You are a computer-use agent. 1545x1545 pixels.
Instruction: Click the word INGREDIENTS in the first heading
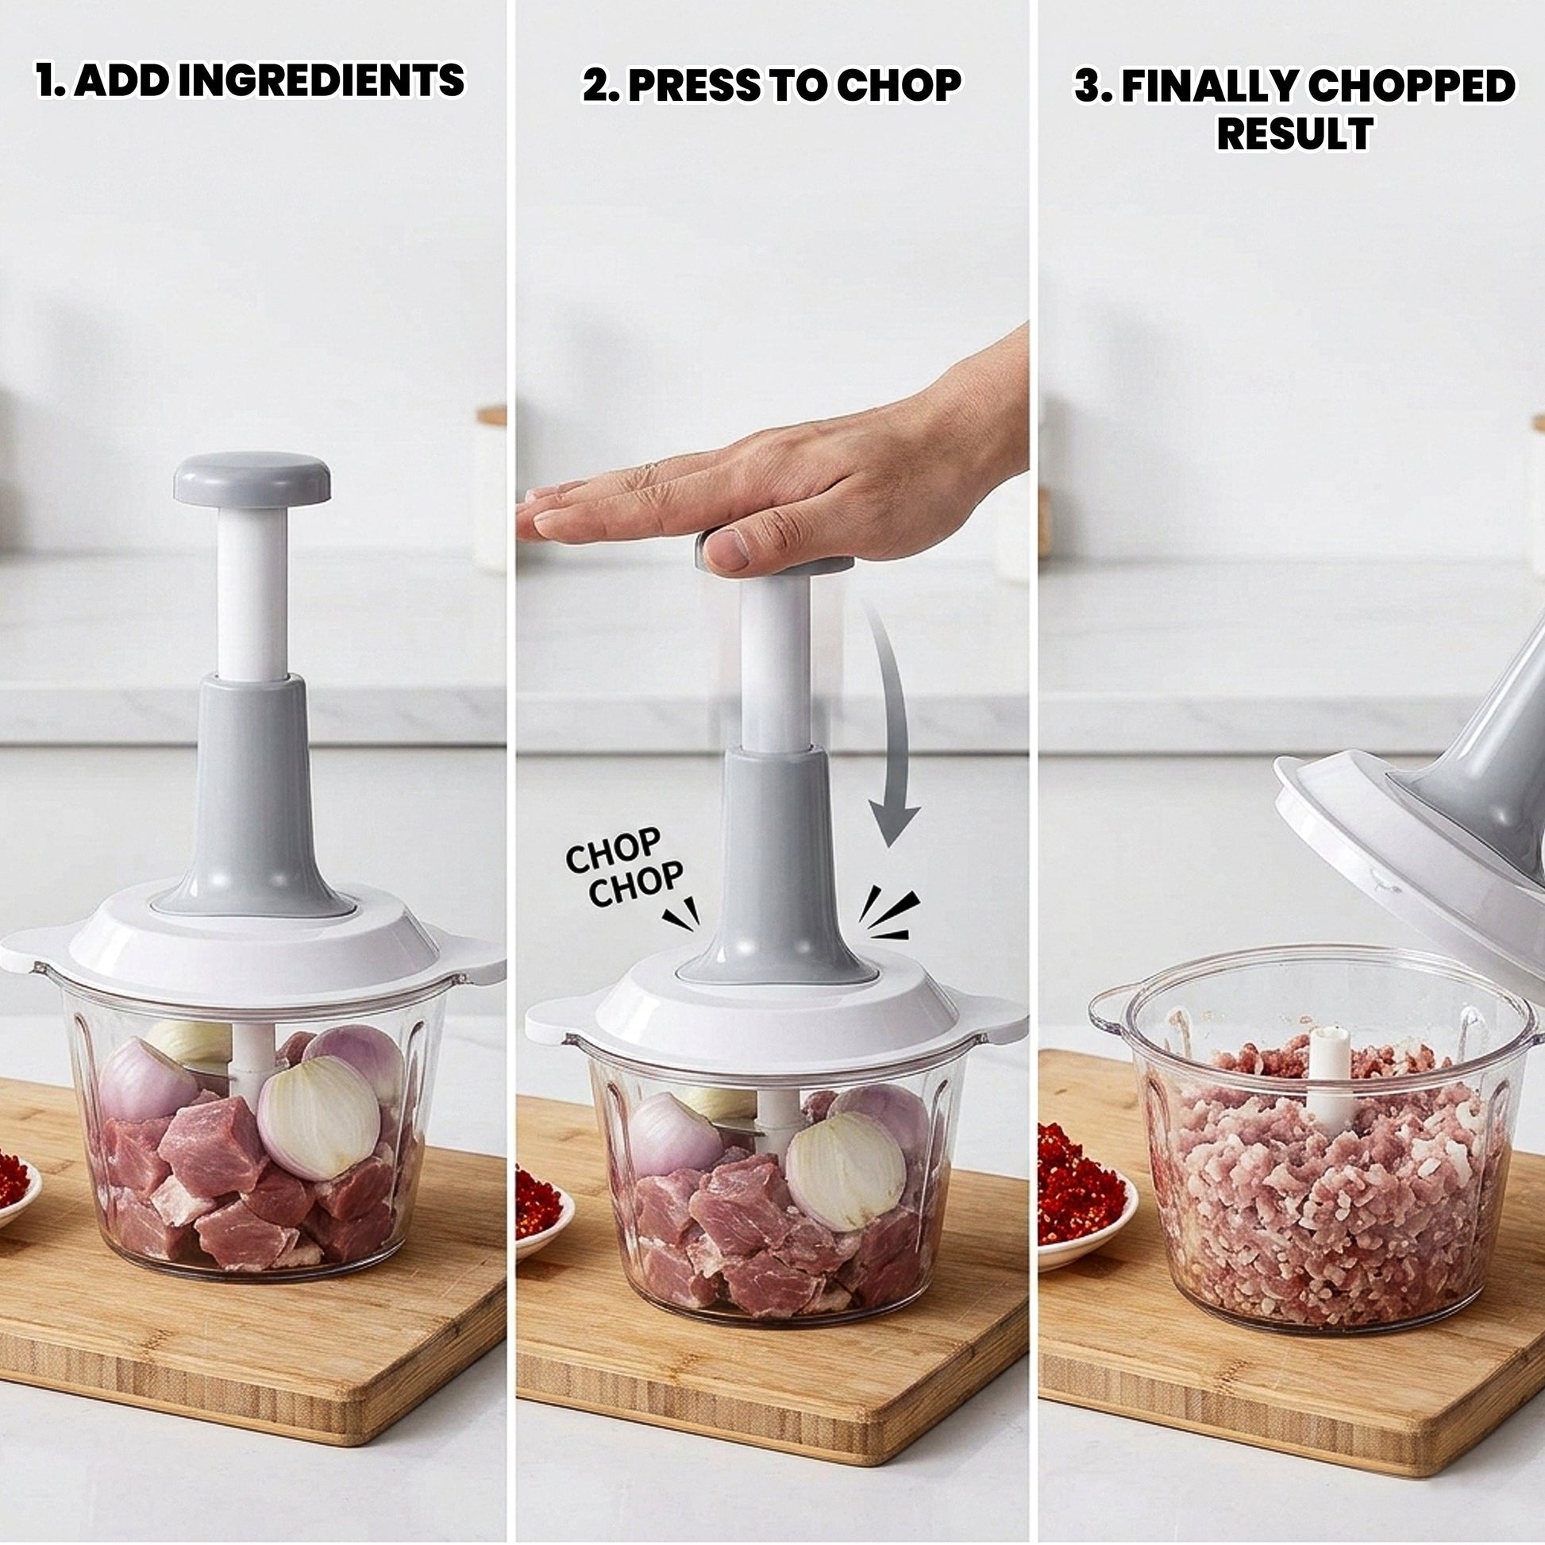[x=321, y=81]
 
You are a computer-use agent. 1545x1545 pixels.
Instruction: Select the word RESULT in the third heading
[x=1295, y=133]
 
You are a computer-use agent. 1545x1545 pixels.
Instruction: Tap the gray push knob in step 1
[x=252, y=479]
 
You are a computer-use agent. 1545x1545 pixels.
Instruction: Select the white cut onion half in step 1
[x=318, y=1117]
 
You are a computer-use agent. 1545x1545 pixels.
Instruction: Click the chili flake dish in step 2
[x=545, y=1206]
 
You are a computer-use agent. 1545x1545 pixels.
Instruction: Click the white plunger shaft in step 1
[x=252, y=592]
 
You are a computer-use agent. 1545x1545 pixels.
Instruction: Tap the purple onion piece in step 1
[x=147, y=1080]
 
